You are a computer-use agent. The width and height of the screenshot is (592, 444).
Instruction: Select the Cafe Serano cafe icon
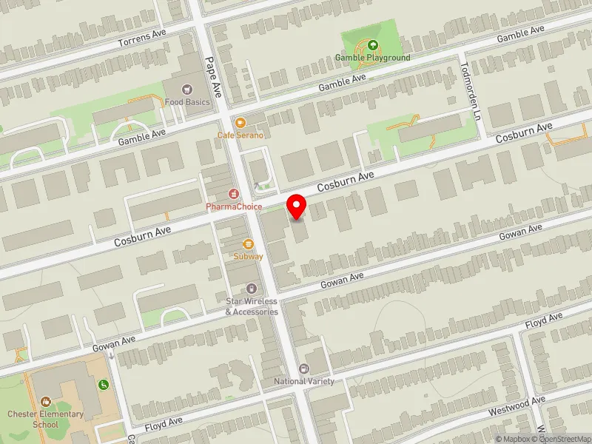[x=240, y=123]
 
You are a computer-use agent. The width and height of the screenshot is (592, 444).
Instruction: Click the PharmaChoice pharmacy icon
[x=234, y=194]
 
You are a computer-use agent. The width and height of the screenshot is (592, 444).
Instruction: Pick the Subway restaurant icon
[x=249, y=244]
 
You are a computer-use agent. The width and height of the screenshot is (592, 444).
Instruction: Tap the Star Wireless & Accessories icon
[x=252, y=288]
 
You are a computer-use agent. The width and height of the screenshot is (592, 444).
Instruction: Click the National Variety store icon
[x=303, y=369]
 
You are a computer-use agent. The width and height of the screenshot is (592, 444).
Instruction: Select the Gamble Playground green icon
[x=372, y=45]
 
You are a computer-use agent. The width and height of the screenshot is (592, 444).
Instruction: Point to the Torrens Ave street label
[x=142, y=38]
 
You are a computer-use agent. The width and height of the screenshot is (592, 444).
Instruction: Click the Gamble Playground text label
[x=372, y=58]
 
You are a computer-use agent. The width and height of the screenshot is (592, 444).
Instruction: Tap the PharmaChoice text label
[x=234, y=206]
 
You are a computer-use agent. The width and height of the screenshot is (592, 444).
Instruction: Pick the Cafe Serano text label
[x=240, y=135]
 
